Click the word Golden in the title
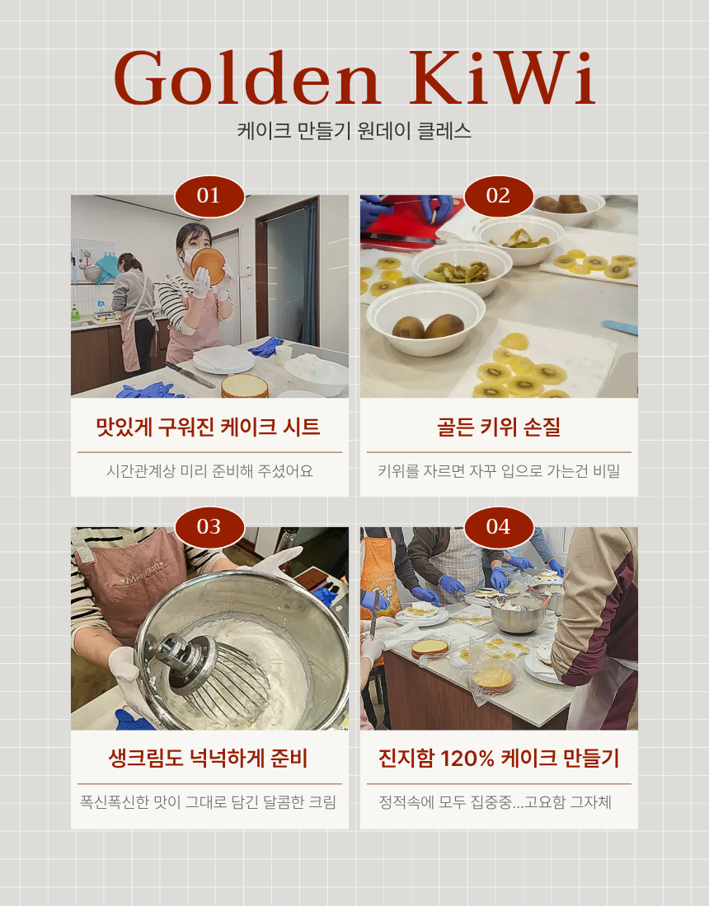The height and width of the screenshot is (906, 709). pos(247,80)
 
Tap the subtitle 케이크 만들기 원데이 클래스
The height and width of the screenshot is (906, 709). pos(354,131)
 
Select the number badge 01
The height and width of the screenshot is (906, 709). pos(209,196)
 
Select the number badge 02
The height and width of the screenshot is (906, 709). pos(498,196)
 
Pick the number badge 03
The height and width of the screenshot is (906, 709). pos(209,527)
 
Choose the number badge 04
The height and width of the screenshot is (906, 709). pos(498,527)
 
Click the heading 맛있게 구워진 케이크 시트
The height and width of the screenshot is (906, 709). pos(209,427)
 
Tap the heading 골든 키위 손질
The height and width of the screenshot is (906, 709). pos(498,427)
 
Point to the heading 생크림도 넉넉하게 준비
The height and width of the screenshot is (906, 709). pos(209,759)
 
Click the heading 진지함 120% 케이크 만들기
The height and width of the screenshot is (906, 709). pos(498,759)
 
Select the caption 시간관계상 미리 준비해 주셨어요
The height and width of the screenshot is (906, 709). pos(209,471)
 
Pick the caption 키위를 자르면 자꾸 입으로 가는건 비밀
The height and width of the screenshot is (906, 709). pos(498,471)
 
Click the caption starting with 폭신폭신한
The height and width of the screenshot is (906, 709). pos(209,802)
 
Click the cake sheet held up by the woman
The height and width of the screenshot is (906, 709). pos(209,265)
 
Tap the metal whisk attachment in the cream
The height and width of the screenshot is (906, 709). pos(206,667)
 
